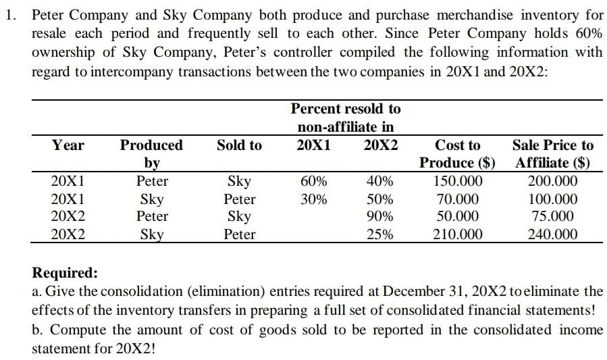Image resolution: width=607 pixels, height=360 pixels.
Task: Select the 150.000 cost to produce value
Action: click(x=458, y=181)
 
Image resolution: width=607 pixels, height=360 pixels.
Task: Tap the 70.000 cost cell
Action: click(x=458, y=199)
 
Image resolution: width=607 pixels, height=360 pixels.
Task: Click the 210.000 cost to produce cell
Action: click(x=458, y=234)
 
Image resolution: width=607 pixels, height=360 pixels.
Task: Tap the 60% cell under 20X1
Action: click(x=314, y=181)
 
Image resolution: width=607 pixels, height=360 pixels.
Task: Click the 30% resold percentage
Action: click(x=314, y=199)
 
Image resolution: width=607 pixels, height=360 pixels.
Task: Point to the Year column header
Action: click(x=68, y=145)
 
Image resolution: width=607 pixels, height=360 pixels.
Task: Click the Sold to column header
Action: click(x=240, y=145)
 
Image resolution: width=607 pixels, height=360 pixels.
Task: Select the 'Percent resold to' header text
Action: click(x=345, y=109)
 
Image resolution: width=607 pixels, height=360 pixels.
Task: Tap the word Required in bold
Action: click(x=65, y=273)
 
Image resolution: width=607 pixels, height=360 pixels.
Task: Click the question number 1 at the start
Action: click(x=9, y=14)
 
